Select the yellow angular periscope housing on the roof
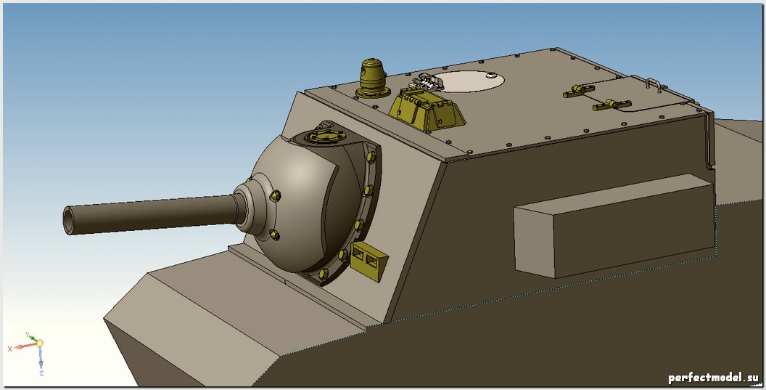(x=427, y=110)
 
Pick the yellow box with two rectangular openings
(x=368, y=261)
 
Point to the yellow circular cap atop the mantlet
(x=323, y=137)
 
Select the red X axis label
(x=9, y=349)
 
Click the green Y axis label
(x=28, y=335)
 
